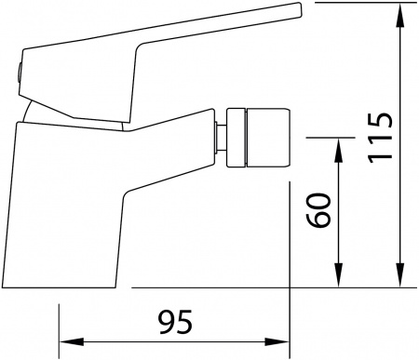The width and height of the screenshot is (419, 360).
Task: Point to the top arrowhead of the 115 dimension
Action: pyautogui.click(x=403, y=11)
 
